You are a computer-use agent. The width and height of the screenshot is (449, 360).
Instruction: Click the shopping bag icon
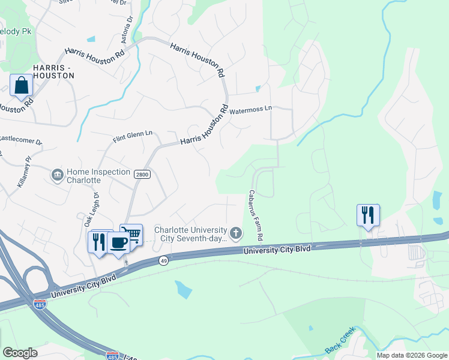pyautogui.click(x=22, y=86)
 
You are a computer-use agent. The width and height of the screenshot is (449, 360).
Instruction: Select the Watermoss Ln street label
pyautogui.click(x=251, y=110)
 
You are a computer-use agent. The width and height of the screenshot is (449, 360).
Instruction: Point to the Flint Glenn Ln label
pyautogui.click(x=133, y=136)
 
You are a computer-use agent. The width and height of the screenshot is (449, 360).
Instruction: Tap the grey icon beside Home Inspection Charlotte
pyautogui.click(x=58, y=175)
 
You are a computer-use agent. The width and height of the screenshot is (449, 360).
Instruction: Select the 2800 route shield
pyautogui.click(x=141, y=174)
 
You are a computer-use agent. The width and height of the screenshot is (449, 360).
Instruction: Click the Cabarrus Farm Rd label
pyautogui.click(x=256, y=214)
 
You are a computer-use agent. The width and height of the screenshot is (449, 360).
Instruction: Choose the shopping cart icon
pyautogui.click(x=131, y=234)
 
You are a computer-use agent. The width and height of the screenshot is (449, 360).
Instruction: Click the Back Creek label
pyautogui.click(x=340, y=340)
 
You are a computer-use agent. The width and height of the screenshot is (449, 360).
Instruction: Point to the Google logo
pyautogui.click(x=20, y=353)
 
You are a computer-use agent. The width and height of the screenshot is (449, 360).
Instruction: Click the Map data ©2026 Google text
pyautogui.click(x=412, y=355)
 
